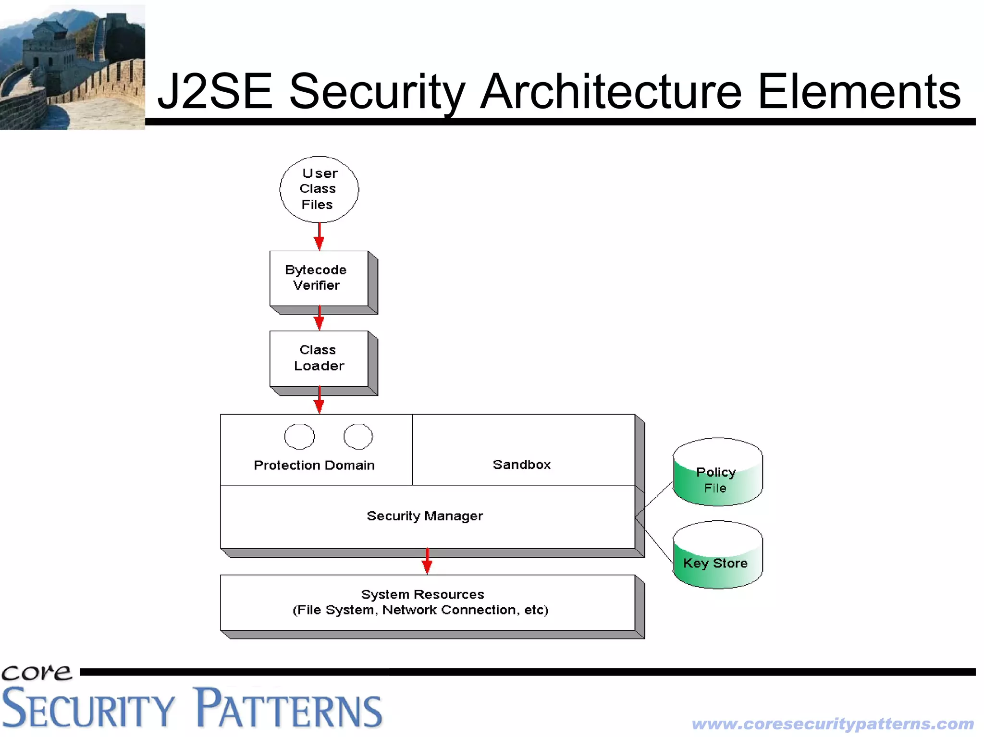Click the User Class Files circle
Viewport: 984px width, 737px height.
[x=319, y=189]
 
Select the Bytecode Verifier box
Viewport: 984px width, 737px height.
[x=319, y=278]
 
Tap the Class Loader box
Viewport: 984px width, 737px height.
[x=319, y=358]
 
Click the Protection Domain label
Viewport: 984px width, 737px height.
[x=314, y=465]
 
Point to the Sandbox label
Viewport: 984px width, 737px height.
[x=522, y=465]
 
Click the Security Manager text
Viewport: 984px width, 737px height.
[x=425, y=516]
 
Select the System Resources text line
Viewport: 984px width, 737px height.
[x=422, y=594]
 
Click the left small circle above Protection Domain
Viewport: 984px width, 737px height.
[x=299, y=436]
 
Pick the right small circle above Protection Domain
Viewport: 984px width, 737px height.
[x=358, y=436]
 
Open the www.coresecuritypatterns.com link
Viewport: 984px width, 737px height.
[x=833, y=724]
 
